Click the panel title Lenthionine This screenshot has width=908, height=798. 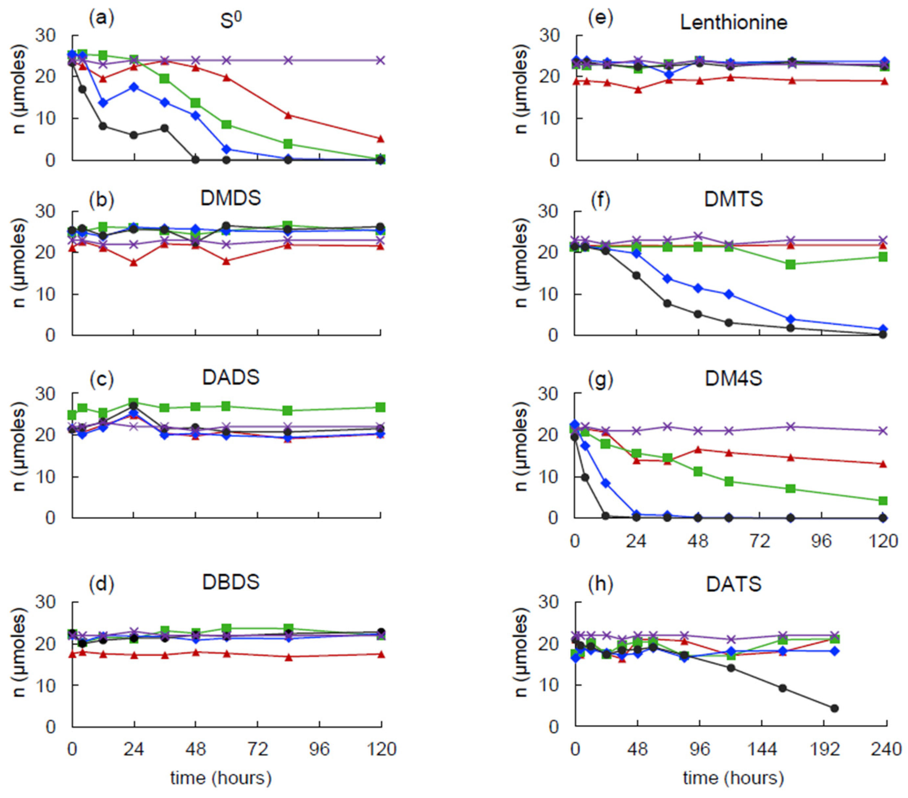733,23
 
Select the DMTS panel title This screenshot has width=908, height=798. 733,199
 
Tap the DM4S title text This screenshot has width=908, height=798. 733,378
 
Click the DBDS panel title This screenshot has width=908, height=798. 231,582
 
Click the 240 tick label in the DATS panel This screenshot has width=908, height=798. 886,750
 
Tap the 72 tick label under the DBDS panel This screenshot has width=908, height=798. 257,750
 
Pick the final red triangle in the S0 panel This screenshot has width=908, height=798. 380,139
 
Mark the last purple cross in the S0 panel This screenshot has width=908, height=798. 380,60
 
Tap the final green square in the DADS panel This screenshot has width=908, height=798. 380,407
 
